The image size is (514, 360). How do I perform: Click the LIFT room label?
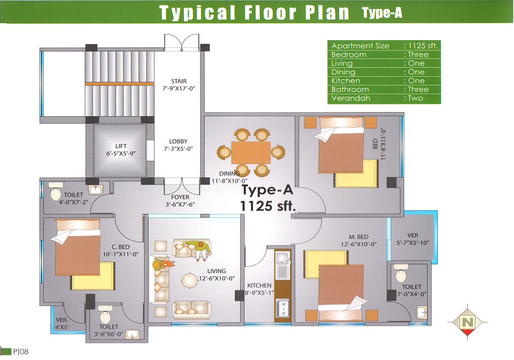(x=121, y=146)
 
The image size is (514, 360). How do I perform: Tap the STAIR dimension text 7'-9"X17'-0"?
(x=179, y=88)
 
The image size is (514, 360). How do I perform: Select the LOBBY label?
(x=178, y=141)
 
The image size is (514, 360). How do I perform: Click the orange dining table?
(x=251, y=152)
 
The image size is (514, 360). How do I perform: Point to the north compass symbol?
(x=468, y=322)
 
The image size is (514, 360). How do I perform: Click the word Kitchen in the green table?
(x=345, y=81)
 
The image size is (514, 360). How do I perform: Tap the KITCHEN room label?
(x=259, y=285)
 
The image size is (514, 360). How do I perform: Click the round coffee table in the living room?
(x=191, y=281)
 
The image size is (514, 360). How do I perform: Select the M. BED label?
(x=359, y=237)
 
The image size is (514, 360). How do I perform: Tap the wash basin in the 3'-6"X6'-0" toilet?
(x=133, y=334)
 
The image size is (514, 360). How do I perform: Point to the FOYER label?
(x=180, y=197)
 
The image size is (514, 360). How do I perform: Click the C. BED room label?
(x=121, y=247)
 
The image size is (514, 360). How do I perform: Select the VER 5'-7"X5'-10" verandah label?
(x=413, y=239)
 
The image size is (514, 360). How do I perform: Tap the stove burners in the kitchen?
(x=282, y=308)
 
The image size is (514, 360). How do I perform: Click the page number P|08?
(x=21, y=352)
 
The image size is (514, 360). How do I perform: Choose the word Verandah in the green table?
(x=351, y=98)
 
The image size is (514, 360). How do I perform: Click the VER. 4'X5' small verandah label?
(x=62, y=323)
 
